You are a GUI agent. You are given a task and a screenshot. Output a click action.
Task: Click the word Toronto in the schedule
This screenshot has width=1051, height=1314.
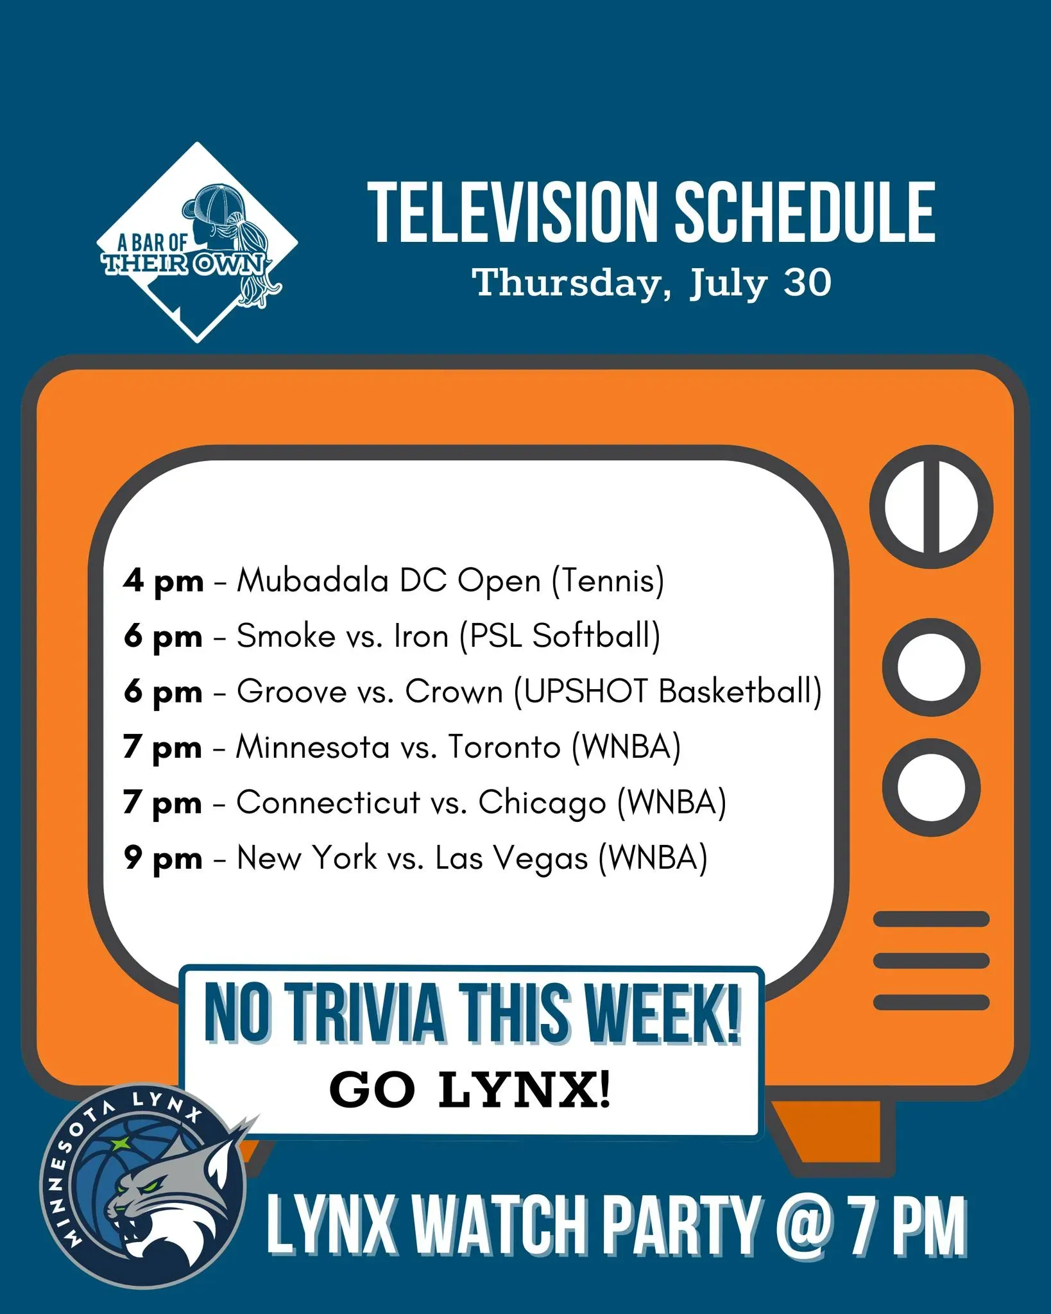click(x=504, y=747)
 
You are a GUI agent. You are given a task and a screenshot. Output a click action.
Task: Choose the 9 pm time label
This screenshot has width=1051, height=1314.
click(x=163, y=858)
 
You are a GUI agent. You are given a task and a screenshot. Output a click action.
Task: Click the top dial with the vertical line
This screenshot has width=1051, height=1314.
click(x=931, y=506)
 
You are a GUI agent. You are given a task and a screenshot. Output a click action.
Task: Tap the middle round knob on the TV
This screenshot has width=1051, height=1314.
click(x=931, y=667)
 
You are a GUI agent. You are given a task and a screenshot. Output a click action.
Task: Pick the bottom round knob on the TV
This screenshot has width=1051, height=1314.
click(x=931, y=787)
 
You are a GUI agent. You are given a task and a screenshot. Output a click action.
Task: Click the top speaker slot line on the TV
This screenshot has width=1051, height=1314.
click(x=932, y=919)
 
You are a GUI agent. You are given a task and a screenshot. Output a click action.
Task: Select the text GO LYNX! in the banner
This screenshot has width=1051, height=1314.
click(x=470, y=1089)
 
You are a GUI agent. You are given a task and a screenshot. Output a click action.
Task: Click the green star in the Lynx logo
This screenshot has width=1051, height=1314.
click(x=119, y=1143)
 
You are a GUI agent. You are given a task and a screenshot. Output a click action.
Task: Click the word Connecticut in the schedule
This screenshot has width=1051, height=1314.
click(x=328, y=803)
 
